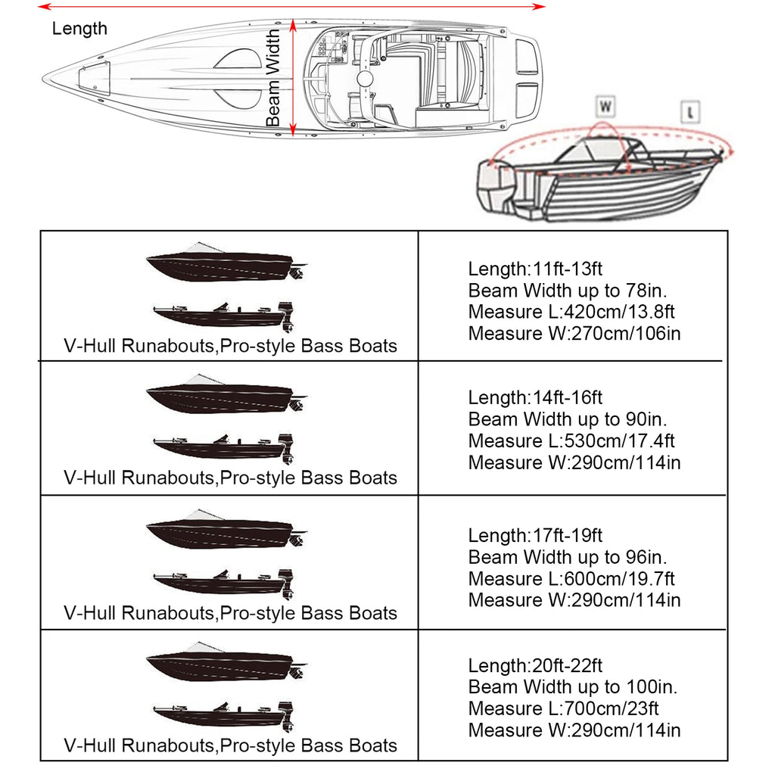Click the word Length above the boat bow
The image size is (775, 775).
[x=79, y=29]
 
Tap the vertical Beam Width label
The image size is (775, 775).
[x=273, y=79]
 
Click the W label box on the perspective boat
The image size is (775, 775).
[x=605, y=105]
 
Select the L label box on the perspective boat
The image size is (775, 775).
[x=690, y=112]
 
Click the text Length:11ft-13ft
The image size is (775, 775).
[x=535, y=269]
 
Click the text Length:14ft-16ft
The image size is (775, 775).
[x=535, y=397]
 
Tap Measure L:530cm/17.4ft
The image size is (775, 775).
[x=571, y=440]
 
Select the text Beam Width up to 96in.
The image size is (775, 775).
[x=568, y=558]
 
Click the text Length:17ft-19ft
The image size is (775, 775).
[x=535, y=536]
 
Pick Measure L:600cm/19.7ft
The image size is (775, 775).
[x=571, y=579]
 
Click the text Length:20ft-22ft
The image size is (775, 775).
[x=535, y=666]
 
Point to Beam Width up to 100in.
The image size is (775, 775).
[x=573, y=687]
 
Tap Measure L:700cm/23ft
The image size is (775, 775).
[x=563, y=709]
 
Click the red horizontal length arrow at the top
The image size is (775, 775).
[x=291, y=6]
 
